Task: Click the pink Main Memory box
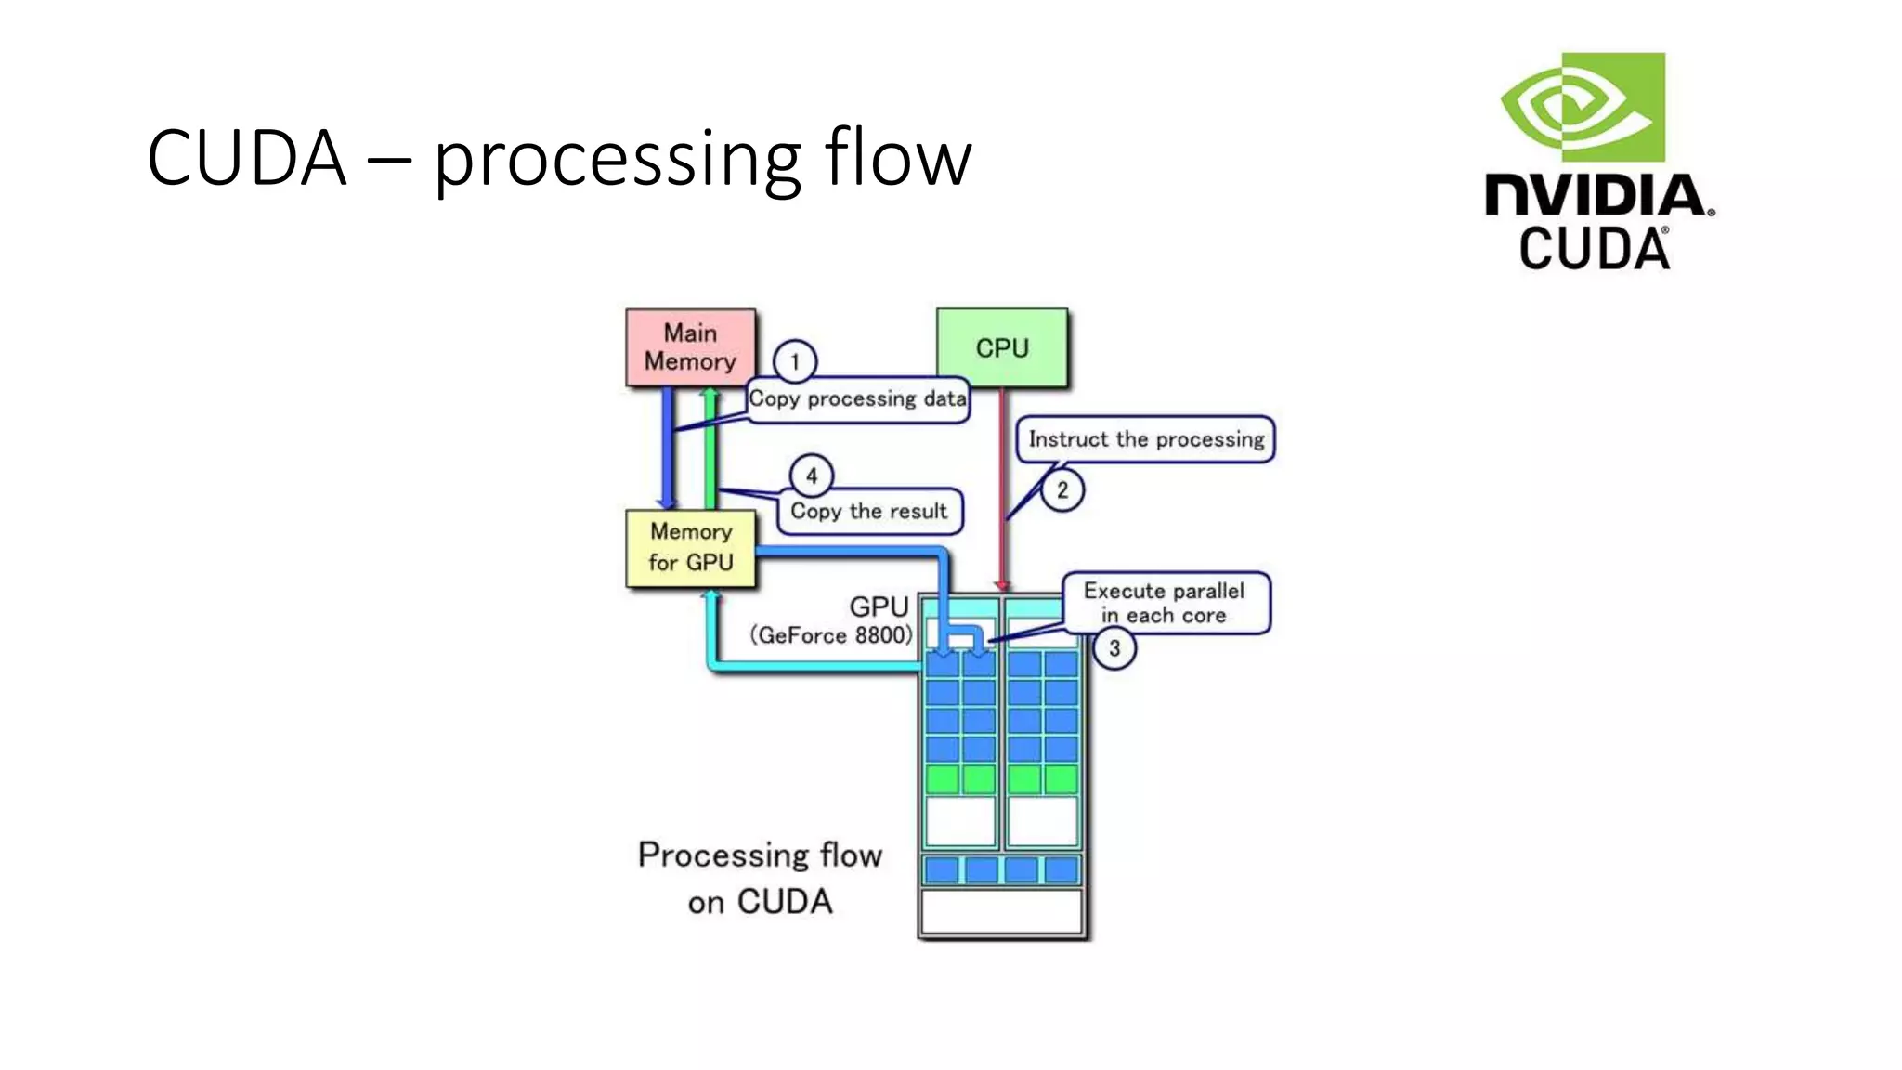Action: pos(690,347)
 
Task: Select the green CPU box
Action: pos(1001,347)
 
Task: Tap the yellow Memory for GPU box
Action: pos(690,548)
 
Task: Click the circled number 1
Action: pos(794,361)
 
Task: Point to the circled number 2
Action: pos(1062,489)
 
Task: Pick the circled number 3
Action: pos(1114,648)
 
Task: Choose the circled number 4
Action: pos(811,476)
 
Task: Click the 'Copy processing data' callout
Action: pos(857,400)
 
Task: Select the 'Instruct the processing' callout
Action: pos(1145,439)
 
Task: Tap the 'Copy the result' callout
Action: pos(868,512)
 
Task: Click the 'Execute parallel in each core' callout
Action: pos(1165,603)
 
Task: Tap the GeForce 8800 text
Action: pos(831,636)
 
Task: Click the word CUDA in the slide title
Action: pos(246,158)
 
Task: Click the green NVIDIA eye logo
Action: pos(1583,107)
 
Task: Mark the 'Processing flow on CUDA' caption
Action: pos(760,878)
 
